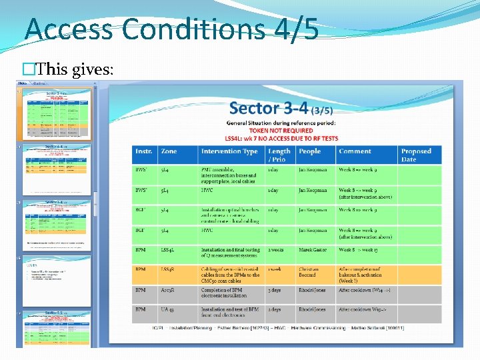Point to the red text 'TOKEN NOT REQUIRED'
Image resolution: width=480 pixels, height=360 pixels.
pyautogui.click(x=281, y=131)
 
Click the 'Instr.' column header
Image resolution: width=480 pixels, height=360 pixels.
pyautogui.click(x=144, y=151)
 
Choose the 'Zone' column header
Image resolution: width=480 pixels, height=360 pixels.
pyautogui.click(x=169, y=151)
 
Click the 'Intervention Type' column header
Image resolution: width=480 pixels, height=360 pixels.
pyautogui.click(x=229, y=151)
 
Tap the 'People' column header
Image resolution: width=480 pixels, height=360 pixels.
pyautogui.click(x=310, y=151)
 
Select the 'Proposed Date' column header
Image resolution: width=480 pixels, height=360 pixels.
pyautogui.click(x=417, y=155)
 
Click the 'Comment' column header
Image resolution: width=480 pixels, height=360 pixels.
pyautogui.click(x=355, y=151)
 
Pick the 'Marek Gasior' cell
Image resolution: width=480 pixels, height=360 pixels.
pyautogui.click(x=313, y=250)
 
